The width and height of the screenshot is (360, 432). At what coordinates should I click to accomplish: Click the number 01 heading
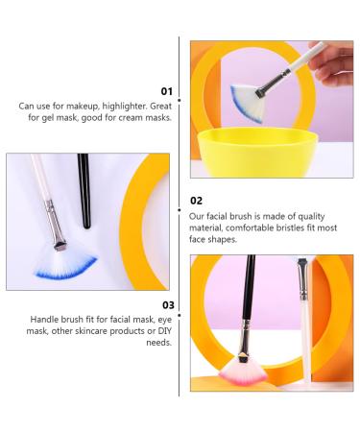[x=166, y=91]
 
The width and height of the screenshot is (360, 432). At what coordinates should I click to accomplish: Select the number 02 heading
[x=197, y=201]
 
